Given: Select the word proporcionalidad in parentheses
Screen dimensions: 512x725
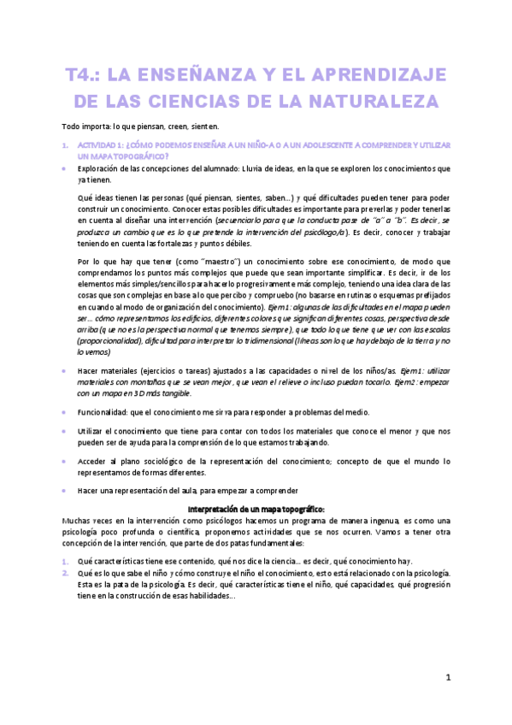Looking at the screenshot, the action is point(110,340).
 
